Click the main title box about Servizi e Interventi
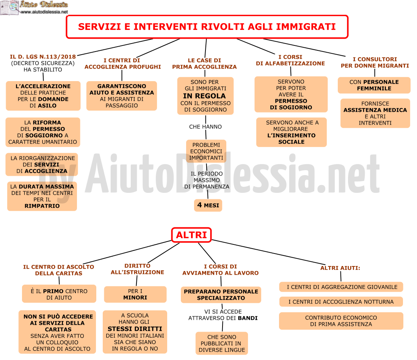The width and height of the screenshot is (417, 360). (x=207, y=27)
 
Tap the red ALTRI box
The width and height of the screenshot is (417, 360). (x=191, y=235)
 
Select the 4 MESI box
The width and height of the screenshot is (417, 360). (x=208, y=205)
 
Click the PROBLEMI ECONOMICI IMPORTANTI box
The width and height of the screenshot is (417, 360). (x=206, y=151)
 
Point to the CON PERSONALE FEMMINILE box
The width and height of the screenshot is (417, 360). (x=374, y=85)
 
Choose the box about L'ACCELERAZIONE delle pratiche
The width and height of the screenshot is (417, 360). (x=43, y=96)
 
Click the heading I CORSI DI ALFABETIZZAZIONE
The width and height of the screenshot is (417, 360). (x=290, y=60)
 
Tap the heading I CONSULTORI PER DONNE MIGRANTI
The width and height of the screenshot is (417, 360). (x=375, y=63)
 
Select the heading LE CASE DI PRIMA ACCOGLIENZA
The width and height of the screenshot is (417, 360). (x=204, y=64)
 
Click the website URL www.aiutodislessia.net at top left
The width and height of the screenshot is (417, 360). (x=44, y=12)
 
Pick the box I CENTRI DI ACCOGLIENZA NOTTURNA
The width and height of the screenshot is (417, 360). (x=341, y=302)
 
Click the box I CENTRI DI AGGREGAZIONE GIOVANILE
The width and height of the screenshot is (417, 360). (x=341, y=287)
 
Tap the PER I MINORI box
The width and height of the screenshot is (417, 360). (x=135, y=294)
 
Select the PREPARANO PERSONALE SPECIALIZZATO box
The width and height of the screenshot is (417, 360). (x=221, y=294)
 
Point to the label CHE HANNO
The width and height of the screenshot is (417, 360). (x=205, y=127)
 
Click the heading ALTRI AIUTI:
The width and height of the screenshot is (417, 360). (x=340, y=268)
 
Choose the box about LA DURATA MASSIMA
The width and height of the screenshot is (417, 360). (x=42, y=196)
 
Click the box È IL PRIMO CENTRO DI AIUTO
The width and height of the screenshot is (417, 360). (x=59, y=294)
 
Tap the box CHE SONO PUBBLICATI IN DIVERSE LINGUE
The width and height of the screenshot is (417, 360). (x=222, y=343)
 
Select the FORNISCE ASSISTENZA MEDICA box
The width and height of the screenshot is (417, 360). (x=375, y=113)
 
